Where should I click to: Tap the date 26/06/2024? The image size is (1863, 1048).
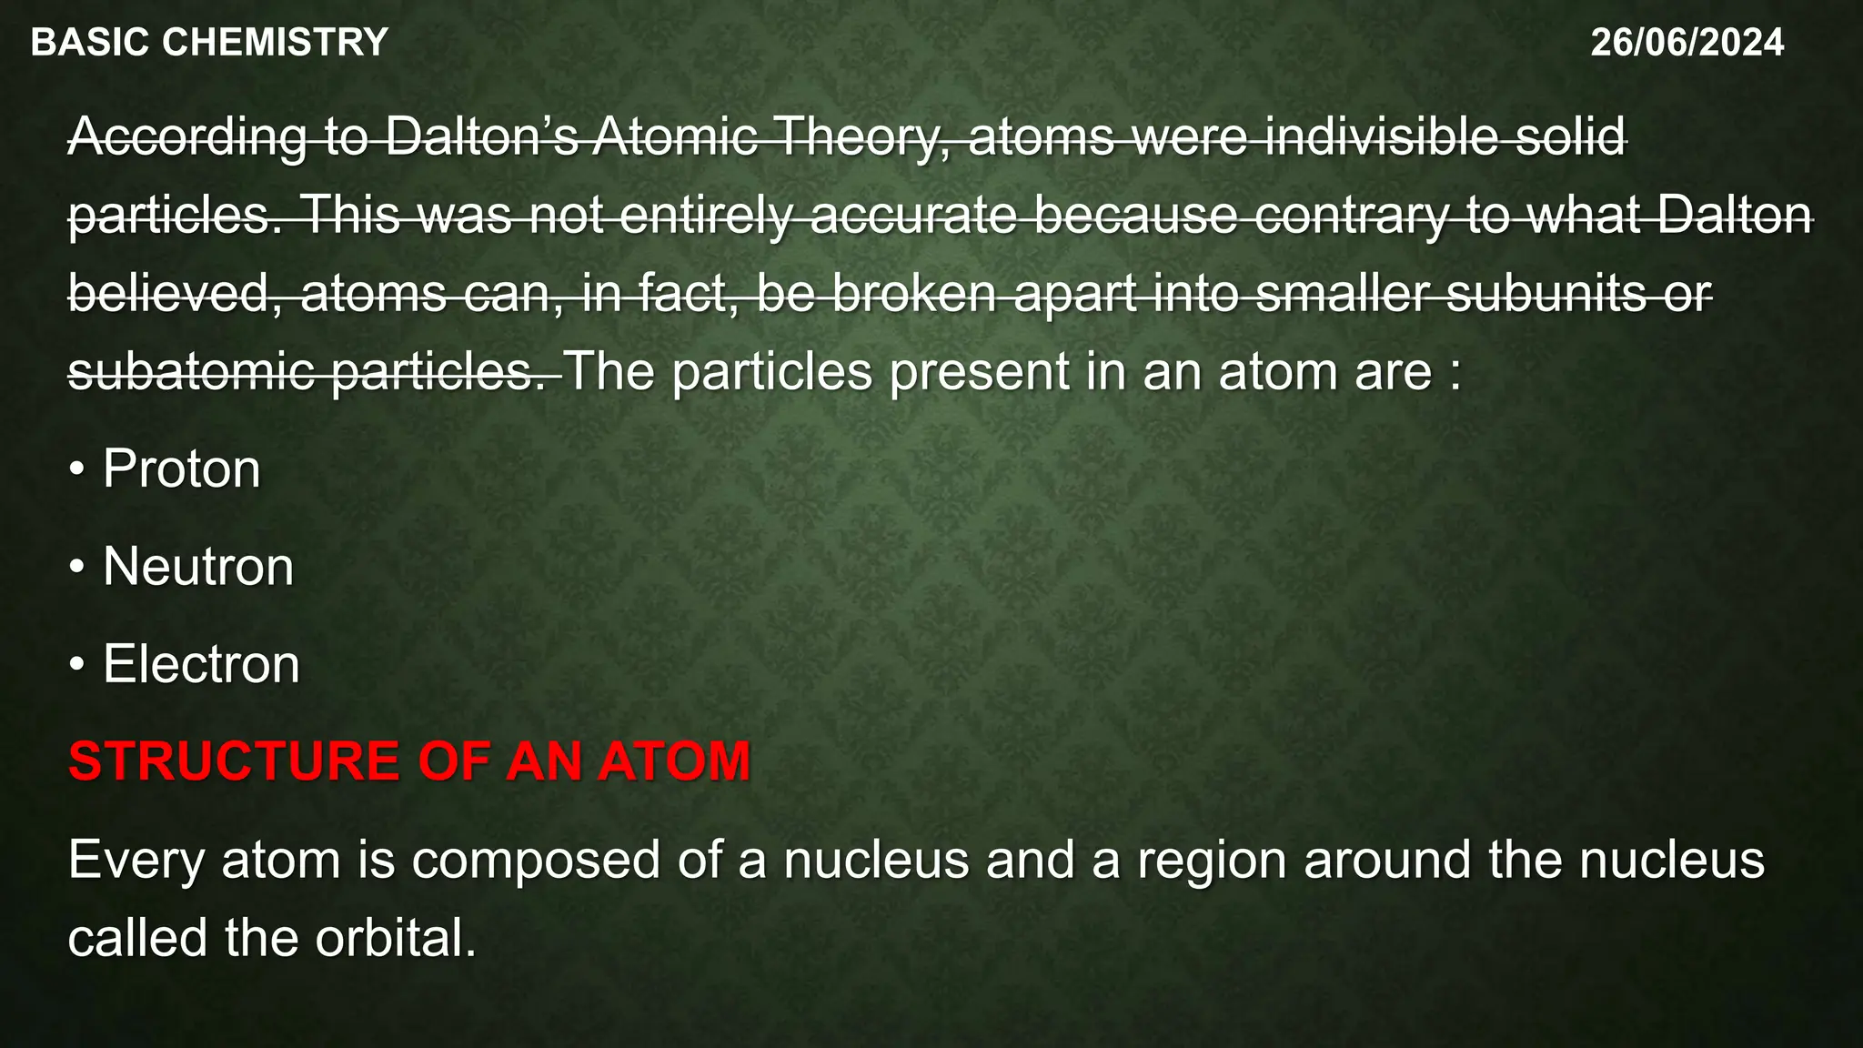pyautogui.click(x=1687, y=43)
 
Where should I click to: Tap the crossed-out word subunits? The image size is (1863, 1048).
pyautogui.click(x=1546, y=294)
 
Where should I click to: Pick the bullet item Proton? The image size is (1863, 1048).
pyautogui.click(x=181, y=469)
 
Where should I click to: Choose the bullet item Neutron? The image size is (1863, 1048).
pyautogui.click(x=198, y=567)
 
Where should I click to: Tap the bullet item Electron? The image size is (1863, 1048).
pyautogui.click(x=201, y=664)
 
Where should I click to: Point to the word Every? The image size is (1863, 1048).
pyautogui.click(x=136, y=861)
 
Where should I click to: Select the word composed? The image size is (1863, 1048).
pyautogui.click(x=536, y=861)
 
